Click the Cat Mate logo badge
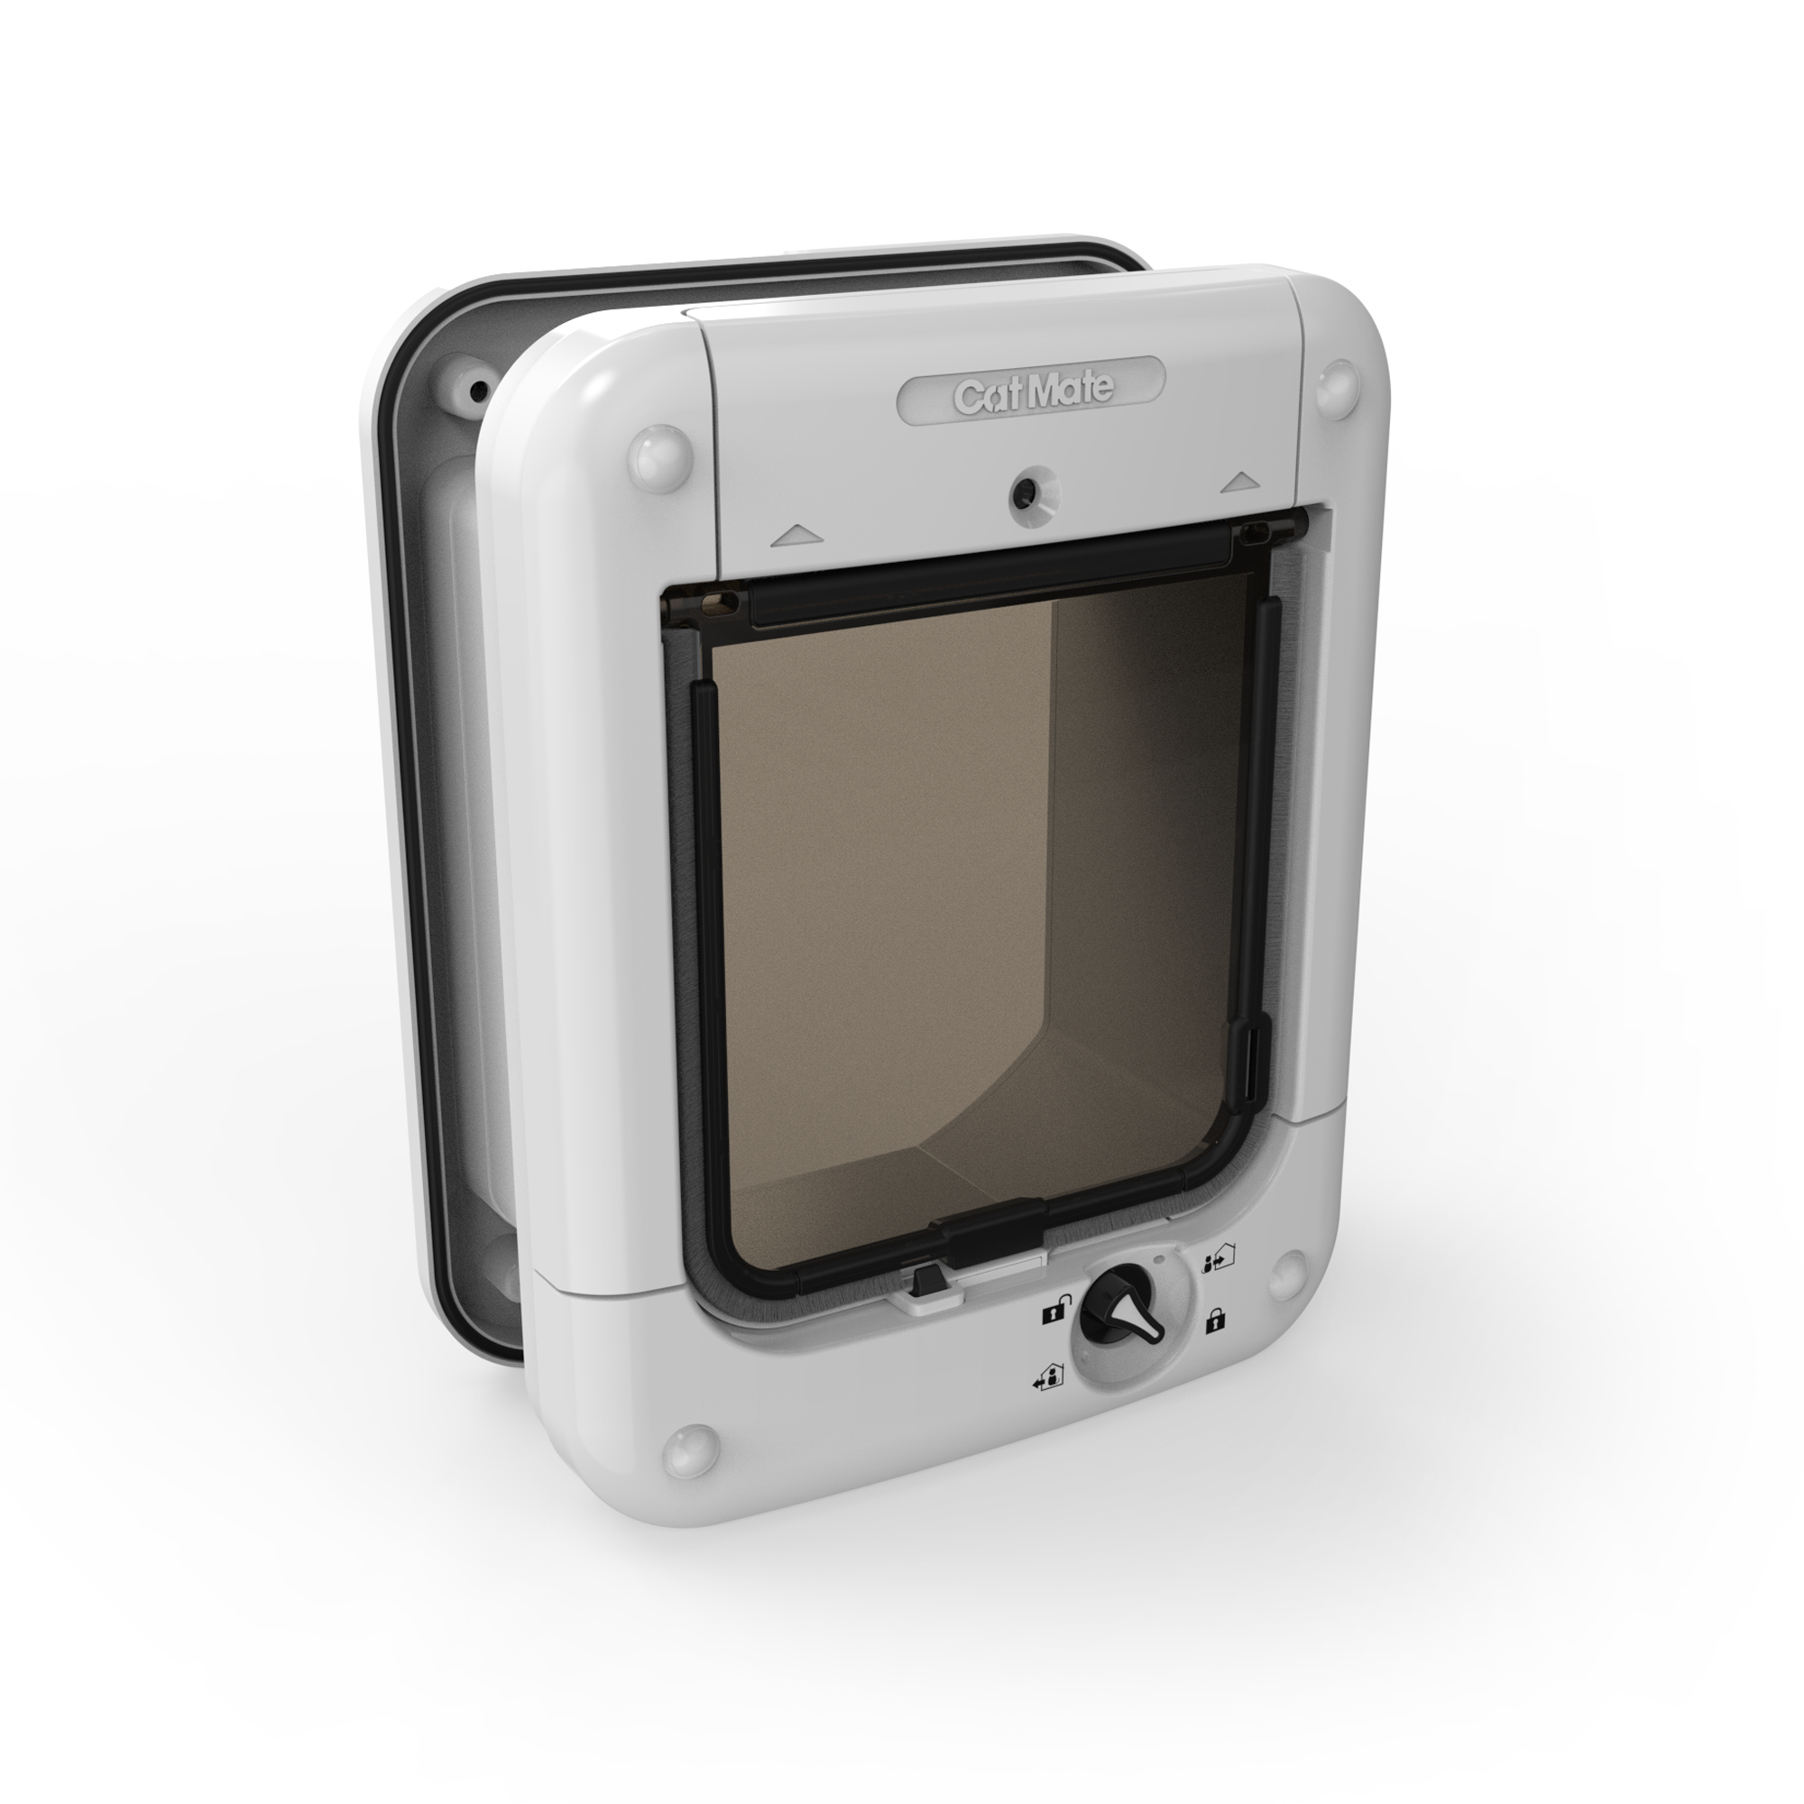[1031, 393]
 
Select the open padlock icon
[1053, 1314]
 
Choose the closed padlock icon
[1215, 1321]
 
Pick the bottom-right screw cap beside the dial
[1291, 1270]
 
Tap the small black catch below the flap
[927, 1278]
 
